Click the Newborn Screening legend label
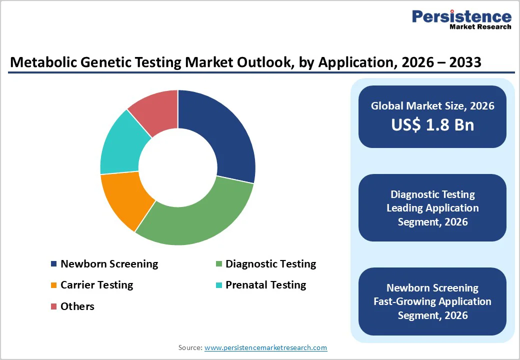pos(109,264)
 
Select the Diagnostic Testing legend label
pos(270,264)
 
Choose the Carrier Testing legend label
pos(96,285)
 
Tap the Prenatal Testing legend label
pos(265,285)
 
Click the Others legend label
pos(77,306)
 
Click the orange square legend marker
pos(53,285)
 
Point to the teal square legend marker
pos(218,285)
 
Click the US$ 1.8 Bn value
pos(432,125)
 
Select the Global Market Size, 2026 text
pos(432,105)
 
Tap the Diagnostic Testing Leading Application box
pos(432,208)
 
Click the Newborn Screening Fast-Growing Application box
pos(432,301)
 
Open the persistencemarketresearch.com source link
pos(265,347)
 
